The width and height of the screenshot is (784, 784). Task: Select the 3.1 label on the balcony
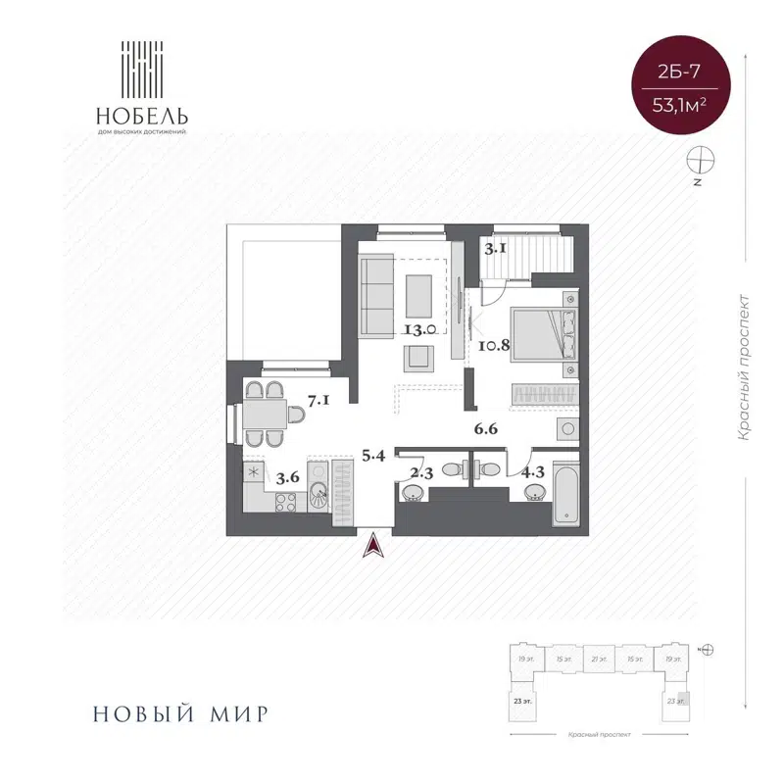coord(497,249)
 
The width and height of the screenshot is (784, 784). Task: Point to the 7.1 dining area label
coord(318,401)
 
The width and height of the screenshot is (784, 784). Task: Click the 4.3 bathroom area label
coord(534,471)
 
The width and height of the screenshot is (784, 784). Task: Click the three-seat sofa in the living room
coord(375,294)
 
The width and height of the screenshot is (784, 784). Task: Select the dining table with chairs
coord(263,413)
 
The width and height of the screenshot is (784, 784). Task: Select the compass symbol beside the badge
coord(700,158)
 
